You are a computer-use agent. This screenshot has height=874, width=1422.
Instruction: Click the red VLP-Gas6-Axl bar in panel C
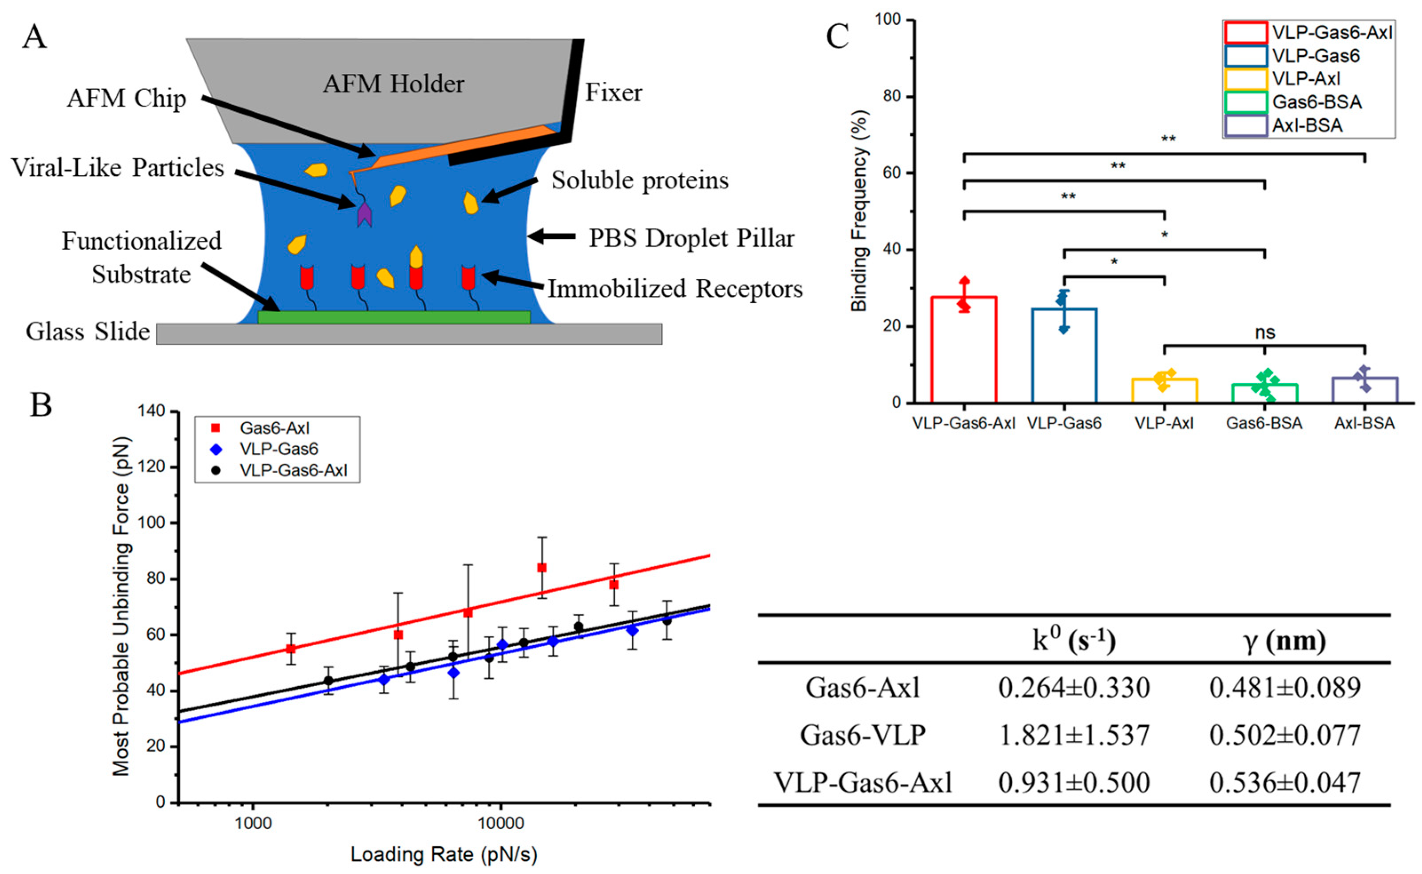point(963,350)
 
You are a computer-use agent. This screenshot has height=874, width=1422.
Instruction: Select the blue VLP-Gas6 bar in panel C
point(1064,355)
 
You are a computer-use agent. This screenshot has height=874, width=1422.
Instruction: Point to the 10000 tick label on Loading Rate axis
point(500,823)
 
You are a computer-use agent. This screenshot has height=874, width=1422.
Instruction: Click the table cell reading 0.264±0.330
point(1073,687)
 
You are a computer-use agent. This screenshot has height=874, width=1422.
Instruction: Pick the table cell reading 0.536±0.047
point(1285,783)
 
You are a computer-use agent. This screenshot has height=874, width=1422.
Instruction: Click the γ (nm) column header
point(1285,641)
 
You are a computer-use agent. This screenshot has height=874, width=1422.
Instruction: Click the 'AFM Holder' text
point(393,84)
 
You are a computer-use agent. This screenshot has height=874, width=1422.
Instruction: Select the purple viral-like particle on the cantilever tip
point(364,215)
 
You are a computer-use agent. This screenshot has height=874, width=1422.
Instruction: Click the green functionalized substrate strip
point(393,317)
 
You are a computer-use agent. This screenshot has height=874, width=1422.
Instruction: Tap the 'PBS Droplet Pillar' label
point(691,238)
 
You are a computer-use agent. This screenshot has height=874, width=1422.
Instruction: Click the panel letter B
point(42,405)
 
